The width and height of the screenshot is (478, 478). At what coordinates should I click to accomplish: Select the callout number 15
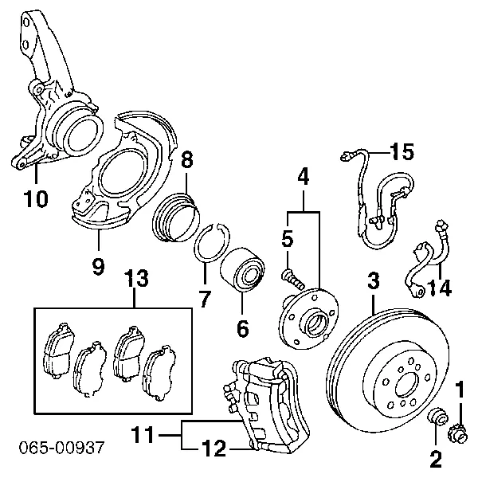[x=402, y=150]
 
